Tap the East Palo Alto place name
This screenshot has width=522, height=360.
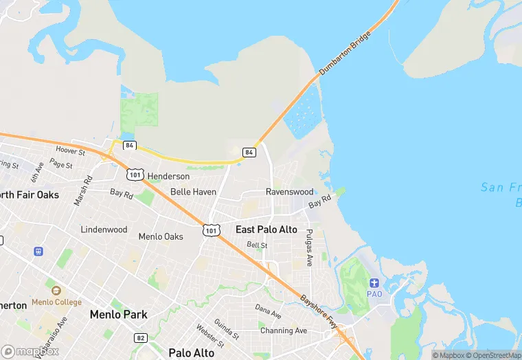tap(266, 229)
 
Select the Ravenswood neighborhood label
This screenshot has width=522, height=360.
tap(289, 192)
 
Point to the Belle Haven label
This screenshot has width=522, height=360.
tap(193, 192)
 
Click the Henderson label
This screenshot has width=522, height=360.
tap(168, 177)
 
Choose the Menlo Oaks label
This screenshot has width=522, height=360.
tap(161, 236)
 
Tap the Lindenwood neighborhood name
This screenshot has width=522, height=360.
tap(104, 229)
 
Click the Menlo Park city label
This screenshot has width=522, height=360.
tap(118, 315)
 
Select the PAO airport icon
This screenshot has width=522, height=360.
tap(374, 283)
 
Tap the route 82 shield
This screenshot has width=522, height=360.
tap(141, 338)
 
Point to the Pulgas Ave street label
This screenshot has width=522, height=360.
tap(309, 247)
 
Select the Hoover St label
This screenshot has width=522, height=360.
tap(70, 150)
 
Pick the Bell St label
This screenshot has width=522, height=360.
tap(257, 245)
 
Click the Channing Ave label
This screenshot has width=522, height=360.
tap(284, 330)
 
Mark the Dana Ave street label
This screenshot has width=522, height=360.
tap(268, 311)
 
